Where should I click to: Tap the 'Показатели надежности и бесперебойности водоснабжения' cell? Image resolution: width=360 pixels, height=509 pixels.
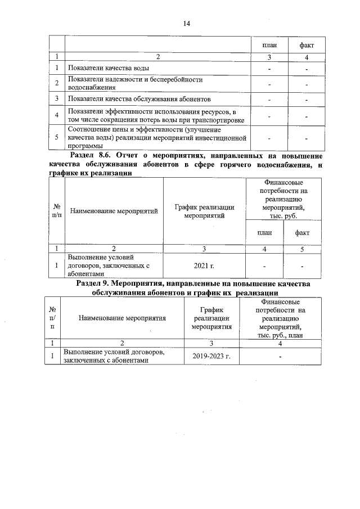[x=134, y=83]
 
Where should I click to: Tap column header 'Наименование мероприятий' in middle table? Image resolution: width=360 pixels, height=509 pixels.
[x=113, y=211]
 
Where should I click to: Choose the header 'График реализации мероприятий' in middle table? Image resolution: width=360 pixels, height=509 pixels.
[x=204, y=211]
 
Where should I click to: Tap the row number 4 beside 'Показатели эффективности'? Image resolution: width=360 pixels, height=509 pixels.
[x=57, y=115]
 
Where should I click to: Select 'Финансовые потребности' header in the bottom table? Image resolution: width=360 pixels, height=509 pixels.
[x=280, y=318]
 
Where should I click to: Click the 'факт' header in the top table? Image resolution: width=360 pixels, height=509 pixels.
[x=307, y=44]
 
